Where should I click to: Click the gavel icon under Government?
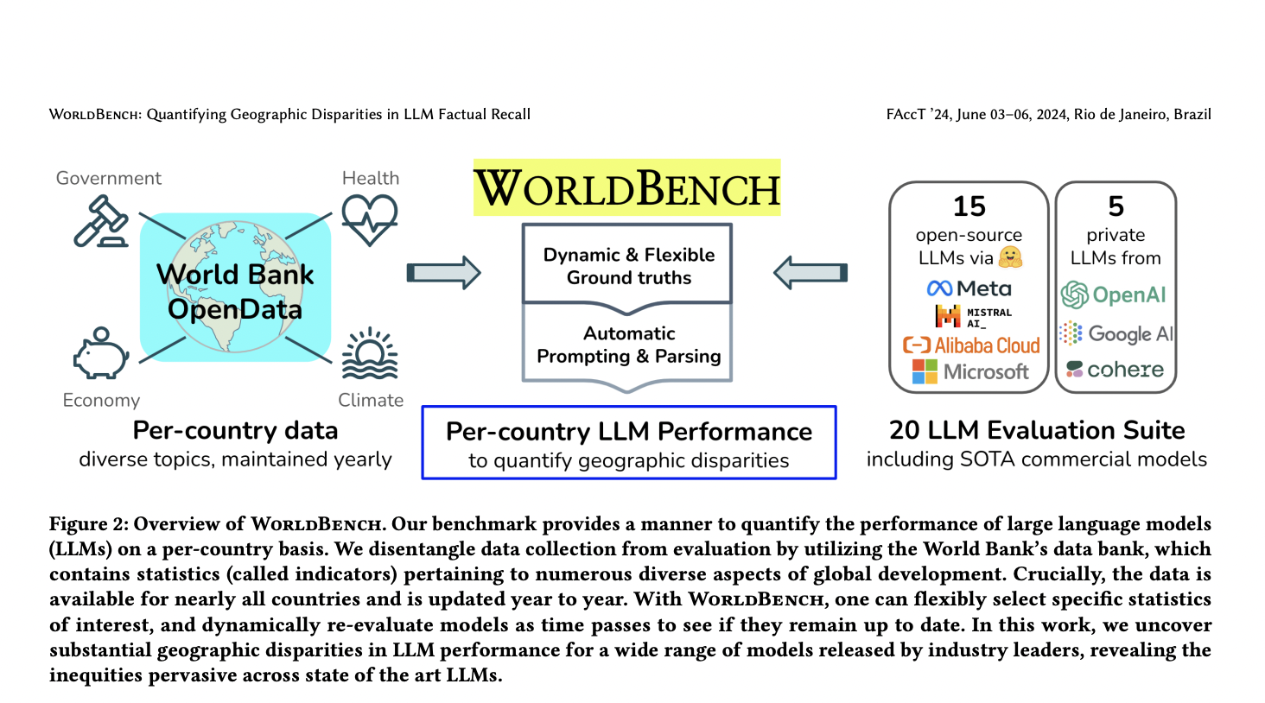coord(101,221)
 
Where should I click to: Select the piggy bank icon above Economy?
coord(100,353)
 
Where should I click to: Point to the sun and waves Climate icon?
coord(370,354)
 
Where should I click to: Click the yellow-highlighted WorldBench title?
coord(626,188)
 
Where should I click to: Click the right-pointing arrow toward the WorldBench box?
coord(443,273)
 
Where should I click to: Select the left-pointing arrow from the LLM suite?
coord(810,273)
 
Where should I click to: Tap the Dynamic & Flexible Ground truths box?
coord(628,266)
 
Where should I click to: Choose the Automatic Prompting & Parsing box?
coord(628,345)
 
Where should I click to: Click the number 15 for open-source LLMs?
coord(969,206)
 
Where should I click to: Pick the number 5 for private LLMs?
coord(1116,206)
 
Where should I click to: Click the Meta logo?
coord(969,288)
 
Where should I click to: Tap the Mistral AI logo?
coord(972,317)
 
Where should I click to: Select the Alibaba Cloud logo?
coord(971,345)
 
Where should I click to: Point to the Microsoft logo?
coord(970,371)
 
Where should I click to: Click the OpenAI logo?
coord(1114,295)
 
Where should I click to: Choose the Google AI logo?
coord(1116,333)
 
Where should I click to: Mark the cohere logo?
coord(1115,370)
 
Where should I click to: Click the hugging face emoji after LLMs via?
coord(1010,257)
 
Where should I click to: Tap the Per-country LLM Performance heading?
coord(628,431)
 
